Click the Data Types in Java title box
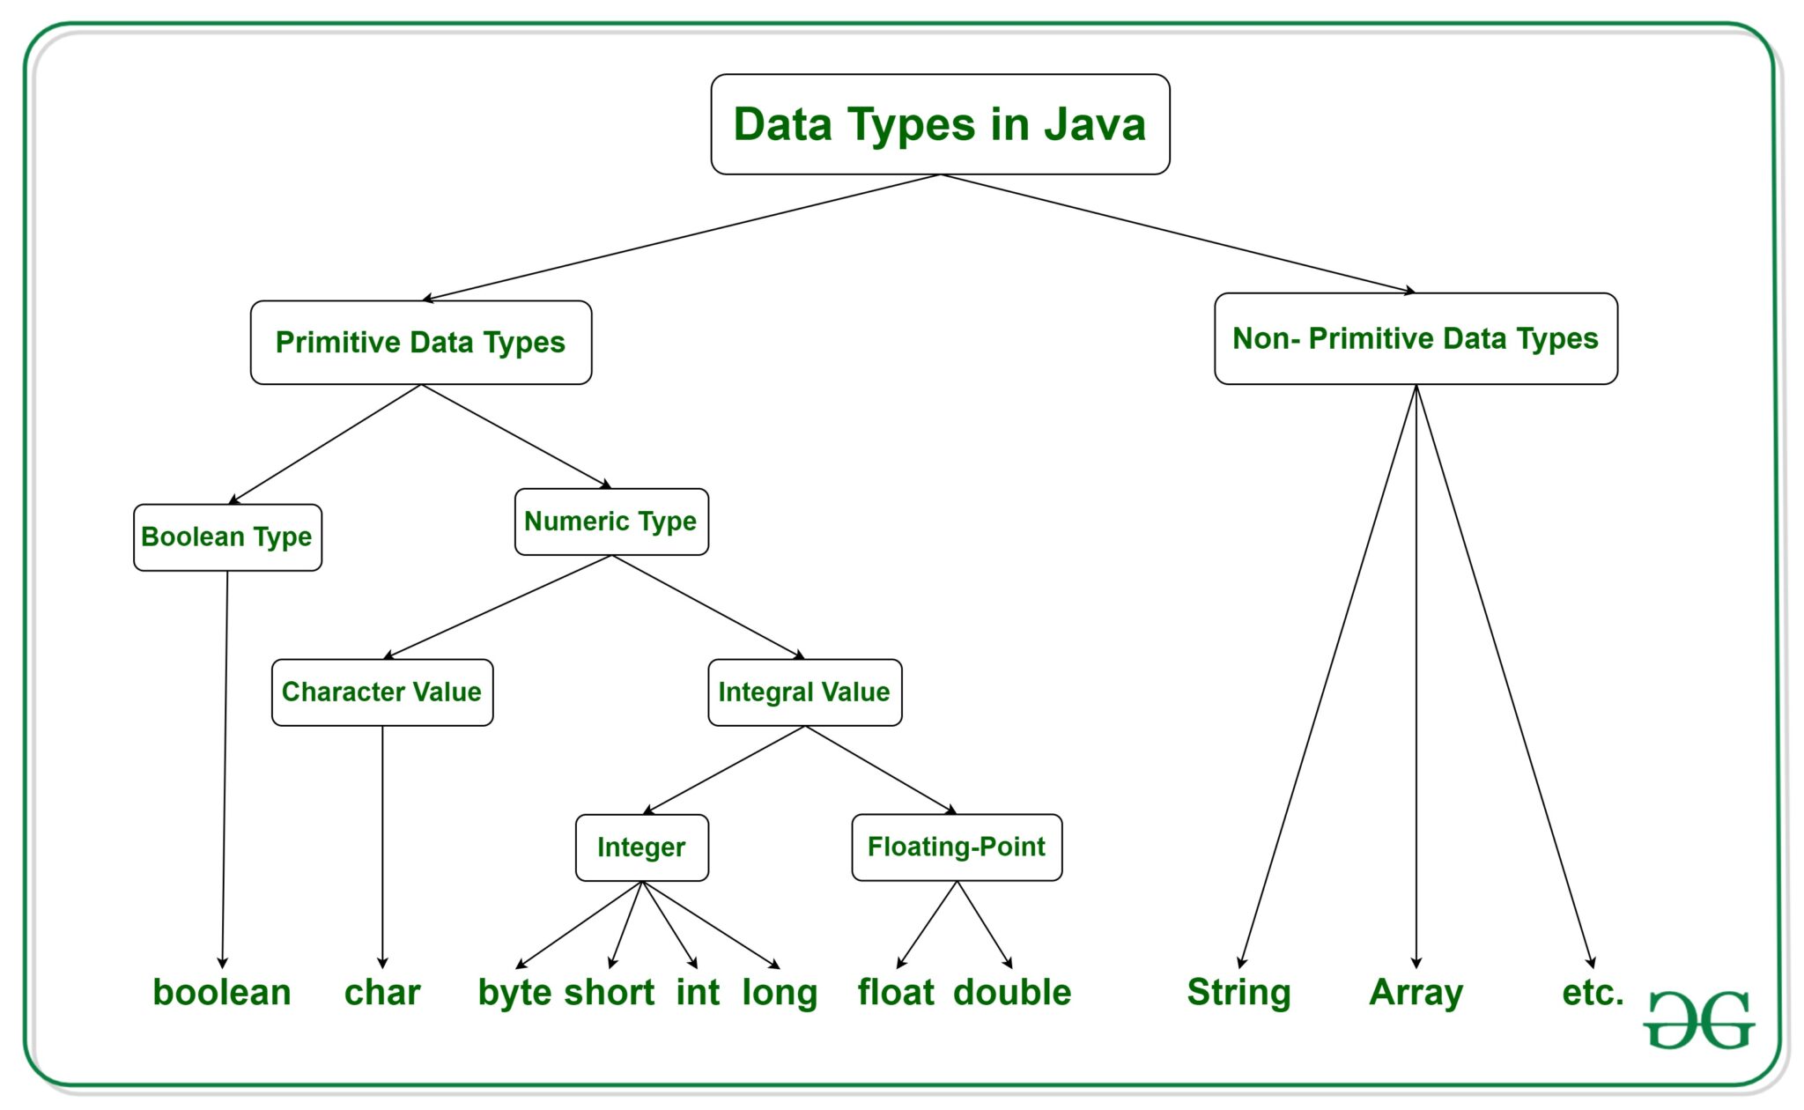[x=940, y=124]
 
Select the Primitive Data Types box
[x=421, y=343]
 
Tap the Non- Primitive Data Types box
[x=1416, y=338]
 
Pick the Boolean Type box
[x=227, y=537]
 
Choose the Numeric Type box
[x=611, y=522]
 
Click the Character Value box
[x=382, y=692]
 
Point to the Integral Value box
[x=805, y=692]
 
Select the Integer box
[x=642, y=847]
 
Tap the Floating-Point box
[x=957, y=847]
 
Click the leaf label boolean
[x=222, y=992]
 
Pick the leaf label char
[x=382, y=992]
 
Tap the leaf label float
[x=896, y=992]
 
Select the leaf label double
[x=1012, y=992]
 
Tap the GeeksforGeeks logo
[x=1699, y=1020]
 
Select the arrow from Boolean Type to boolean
[x=225, y=770]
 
